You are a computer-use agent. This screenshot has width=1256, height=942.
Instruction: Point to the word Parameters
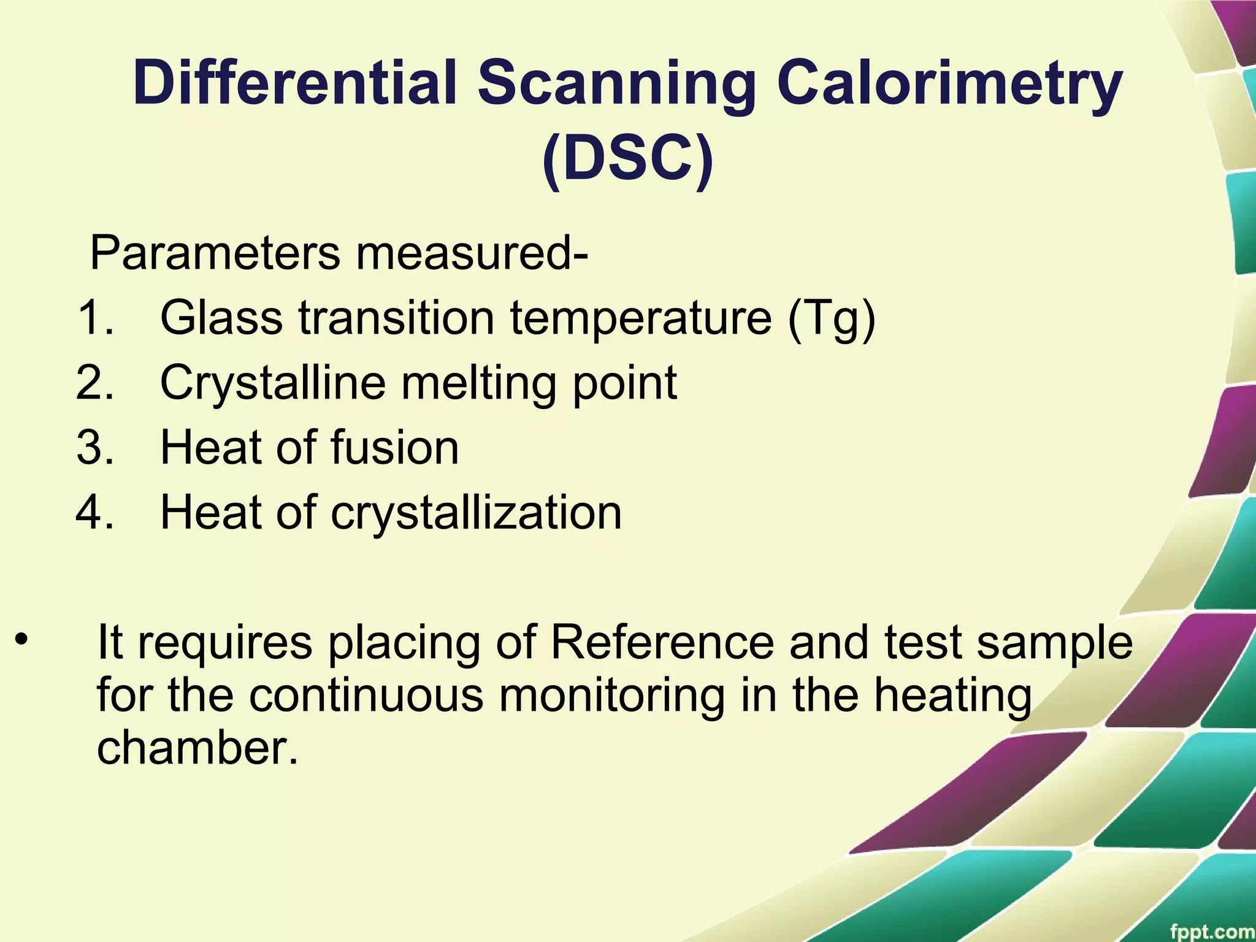215,253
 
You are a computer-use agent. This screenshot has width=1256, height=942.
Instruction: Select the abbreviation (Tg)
832,319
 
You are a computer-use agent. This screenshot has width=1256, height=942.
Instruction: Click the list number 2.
95,383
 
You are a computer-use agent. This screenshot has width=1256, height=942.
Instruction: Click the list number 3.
95,448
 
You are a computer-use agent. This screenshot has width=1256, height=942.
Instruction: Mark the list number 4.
95,513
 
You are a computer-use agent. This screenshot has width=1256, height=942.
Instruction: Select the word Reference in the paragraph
662,642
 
